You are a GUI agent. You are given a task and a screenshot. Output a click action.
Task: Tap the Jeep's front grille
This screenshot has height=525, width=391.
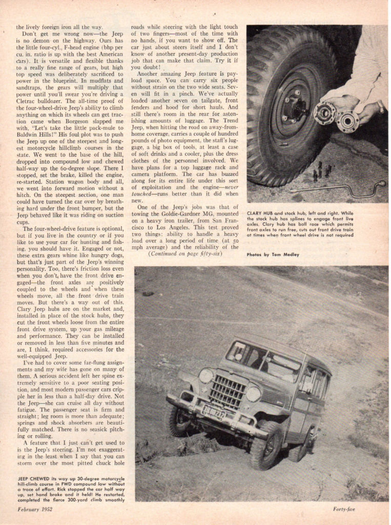pos(228,391)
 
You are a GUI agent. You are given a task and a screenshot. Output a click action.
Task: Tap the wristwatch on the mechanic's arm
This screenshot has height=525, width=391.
pos(381,107)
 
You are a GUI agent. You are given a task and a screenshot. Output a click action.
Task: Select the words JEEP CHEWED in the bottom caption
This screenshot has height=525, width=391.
pos(34,478)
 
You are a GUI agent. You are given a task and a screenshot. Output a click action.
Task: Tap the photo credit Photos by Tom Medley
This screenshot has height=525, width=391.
pos(272,254)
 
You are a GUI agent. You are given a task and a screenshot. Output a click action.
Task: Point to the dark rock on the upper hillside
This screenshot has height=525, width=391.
pos(148,293)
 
